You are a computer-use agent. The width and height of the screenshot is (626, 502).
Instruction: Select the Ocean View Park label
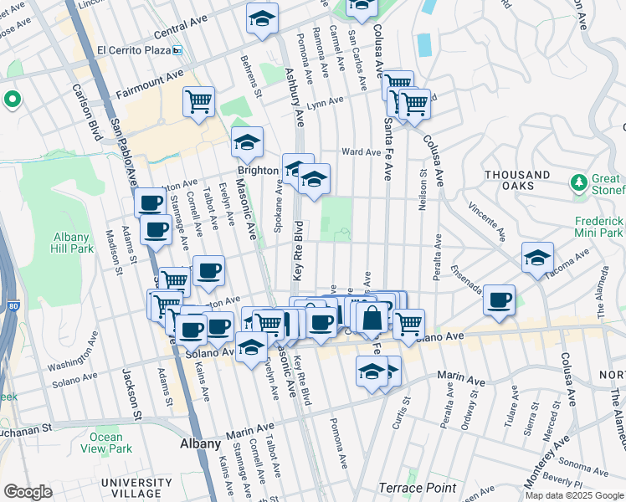(x=106, y=443)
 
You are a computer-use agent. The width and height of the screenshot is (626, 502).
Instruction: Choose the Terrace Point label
(x=418, y=488)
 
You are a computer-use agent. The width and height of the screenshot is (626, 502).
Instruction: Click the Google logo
(x=27, y=492)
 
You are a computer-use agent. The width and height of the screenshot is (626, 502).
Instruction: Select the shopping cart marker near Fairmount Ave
(x=199, y=103)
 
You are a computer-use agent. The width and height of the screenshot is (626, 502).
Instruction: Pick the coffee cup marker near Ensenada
(x=500, y=300)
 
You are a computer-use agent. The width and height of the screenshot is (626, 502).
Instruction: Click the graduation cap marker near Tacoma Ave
(x=537, y=259)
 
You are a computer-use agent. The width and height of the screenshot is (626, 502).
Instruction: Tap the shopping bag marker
(x=372, y=317)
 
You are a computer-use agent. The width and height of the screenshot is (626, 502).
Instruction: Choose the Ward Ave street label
(x=362, y=152)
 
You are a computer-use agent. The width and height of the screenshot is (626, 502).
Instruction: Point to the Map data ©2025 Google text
(x=574, y=494)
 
